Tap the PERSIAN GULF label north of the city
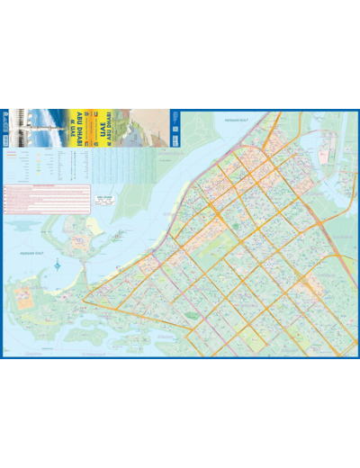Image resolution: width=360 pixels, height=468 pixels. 236,118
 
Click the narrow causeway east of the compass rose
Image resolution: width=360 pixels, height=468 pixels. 85,270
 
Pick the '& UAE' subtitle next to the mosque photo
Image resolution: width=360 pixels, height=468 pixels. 70,121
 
